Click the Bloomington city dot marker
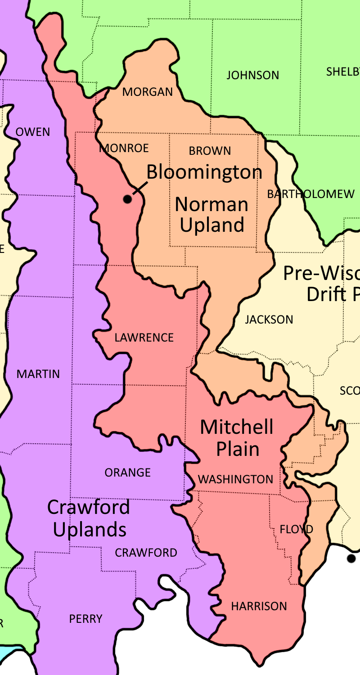point(128,198)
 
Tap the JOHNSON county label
point(252,75)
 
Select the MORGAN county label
point(148,92)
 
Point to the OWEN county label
point(33,132)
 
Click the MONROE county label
point(124,148)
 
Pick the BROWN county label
point(210,151)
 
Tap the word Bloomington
point(204,172)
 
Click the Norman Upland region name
point(211,215)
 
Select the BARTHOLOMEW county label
point(310,194)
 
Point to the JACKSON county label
point(269,319)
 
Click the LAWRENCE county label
point(144,337)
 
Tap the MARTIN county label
point(38,374)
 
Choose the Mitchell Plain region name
point(237,438)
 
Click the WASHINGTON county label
point(236,479)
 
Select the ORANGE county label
point(127,472)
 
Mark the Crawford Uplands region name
point(89,518)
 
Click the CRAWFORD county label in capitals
point(146,553)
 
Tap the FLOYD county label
point(296,529)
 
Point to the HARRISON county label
point(259,606)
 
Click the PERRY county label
point(85,619)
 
